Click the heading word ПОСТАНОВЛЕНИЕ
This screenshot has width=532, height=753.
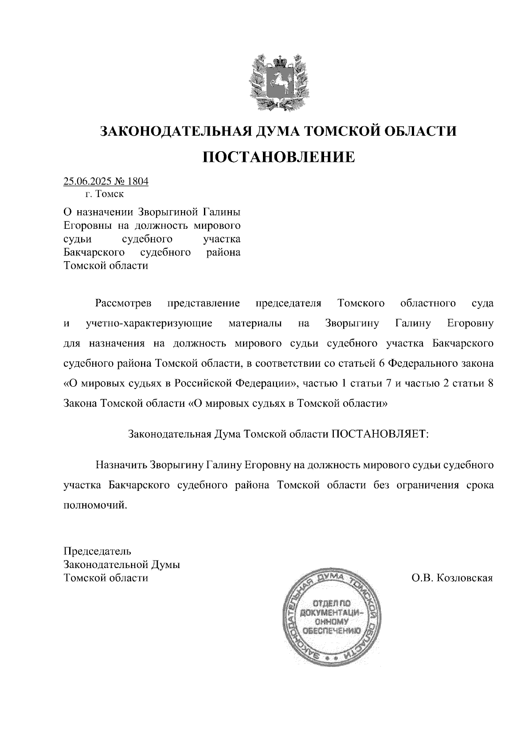pos(278,157)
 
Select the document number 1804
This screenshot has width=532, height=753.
pos(137,181)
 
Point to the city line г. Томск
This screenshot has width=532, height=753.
pos(105,194)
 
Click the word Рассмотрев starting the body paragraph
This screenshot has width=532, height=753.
pos(123,304)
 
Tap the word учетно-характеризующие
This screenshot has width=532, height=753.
pos(149,324)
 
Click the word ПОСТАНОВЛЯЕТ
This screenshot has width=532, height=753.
pos(380,434)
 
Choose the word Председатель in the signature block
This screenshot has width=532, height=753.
pos(98,552)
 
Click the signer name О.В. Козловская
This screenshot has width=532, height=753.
pos(452,578)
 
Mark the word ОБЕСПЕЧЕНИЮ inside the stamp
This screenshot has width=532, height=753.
pos(332,630)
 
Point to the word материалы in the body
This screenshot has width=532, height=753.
pos(255,324)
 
